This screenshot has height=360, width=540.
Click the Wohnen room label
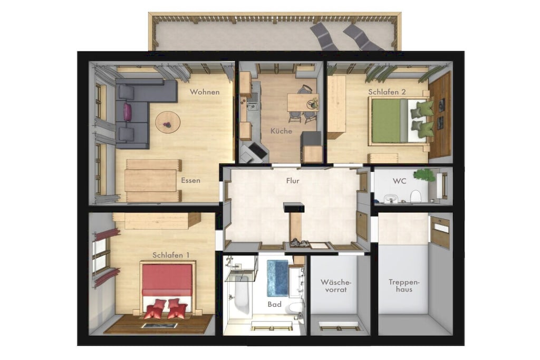[x=205, y=92]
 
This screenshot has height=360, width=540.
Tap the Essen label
[x=190, y=180]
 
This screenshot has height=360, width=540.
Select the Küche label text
[x=281, y=131]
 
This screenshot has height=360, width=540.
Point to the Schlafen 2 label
[x=387, y=92]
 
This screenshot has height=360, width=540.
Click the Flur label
[x=293, y=181]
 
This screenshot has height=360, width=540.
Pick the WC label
[x=400, y=181]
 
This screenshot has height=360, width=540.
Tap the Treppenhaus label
[x=404, y=286]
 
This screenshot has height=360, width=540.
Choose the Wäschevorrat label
[x=336, y=286]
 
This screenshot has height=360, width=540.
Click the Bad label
[x=274, y=304]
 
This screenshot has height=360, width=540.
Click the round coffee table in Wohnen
[x=168, y=122]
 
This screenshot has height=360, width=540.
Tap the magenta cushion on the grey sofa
[x=128, y=112]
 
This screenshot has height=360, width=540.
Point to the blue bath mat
[x=277, y=278]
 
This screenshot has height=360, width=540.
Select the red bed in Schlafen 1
[x=167, y=288]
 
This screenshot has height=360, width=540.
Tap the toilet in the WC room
[x=416, y=196]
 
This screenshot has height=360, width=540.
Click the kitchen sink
[x=252, y=102]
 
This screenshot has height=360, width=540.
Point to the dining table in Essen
[x=150, y=180]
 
